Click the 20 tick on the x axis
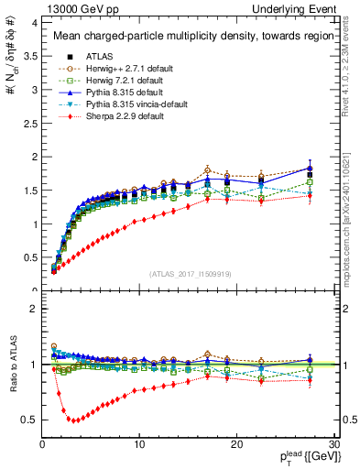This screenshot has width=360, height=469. pos(236,444)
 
